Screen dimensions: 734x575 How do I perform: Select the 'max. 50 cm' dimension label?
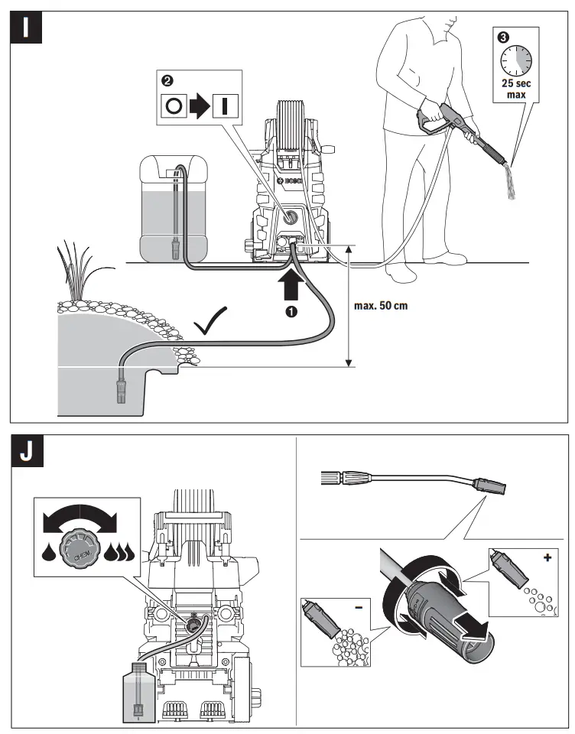click(x=381, y=306)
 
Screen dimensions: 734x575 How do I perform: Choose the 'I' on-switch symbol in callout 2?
click(x=223, y=106)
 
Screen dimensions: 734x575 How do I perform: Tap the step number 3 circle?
click(x=502, y=36)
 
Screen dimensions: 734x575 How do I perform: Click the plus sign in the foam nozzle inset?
click(x=547, y=560)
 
